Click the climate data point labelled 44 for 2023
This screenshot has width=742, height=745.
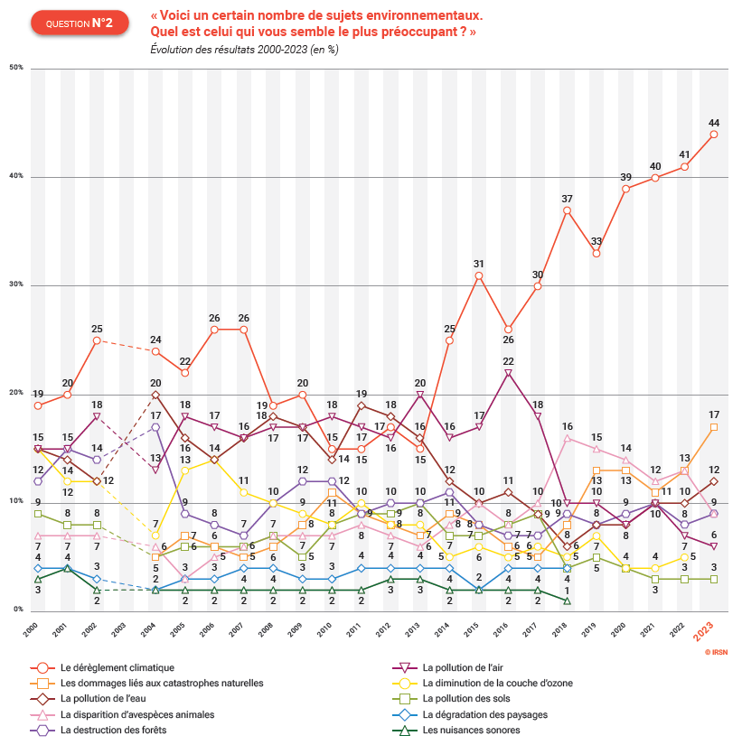[714, 135]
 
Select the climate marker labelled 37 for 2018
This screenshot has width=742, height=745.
[567, 210]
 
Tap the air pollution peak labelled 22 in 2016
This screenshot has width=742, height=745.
[508, 373]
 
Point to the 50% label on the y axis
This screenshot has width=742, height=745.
[16, 69]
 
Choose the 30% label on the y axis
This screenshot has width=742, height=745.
[16, 285]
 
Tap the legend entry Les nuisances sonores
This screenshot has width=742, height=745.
[471, 730]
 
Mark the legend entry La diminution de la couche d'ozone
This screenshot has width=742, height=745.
[497, 683]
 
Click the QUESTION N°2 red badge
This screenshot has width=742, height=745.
[79, 23]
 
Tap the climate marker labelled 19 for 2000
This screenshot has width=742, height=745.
[38, 405]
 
